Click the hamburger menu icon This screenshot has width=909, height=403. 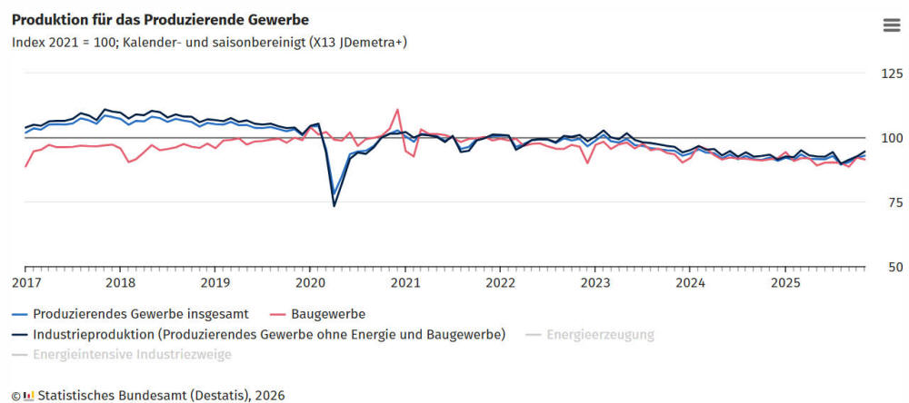[891, 25]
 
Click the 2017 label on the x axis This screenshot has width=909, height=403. [25, 282]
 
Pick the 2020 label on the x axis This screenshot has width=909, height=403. [310, 282]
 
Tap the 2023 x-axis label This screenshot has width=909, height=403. [594, 282]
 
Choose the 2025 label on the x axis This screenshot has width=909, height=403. [784, 282]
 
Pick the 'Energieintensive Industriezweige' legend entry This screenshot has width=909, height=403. [126, 354]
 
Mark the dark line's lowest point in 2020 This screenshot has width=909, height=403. [334, 206]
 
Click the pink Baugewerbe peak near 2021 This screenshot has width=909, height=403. [397, 110]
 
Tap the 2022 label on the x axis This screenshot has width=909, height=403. [500, 282]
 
